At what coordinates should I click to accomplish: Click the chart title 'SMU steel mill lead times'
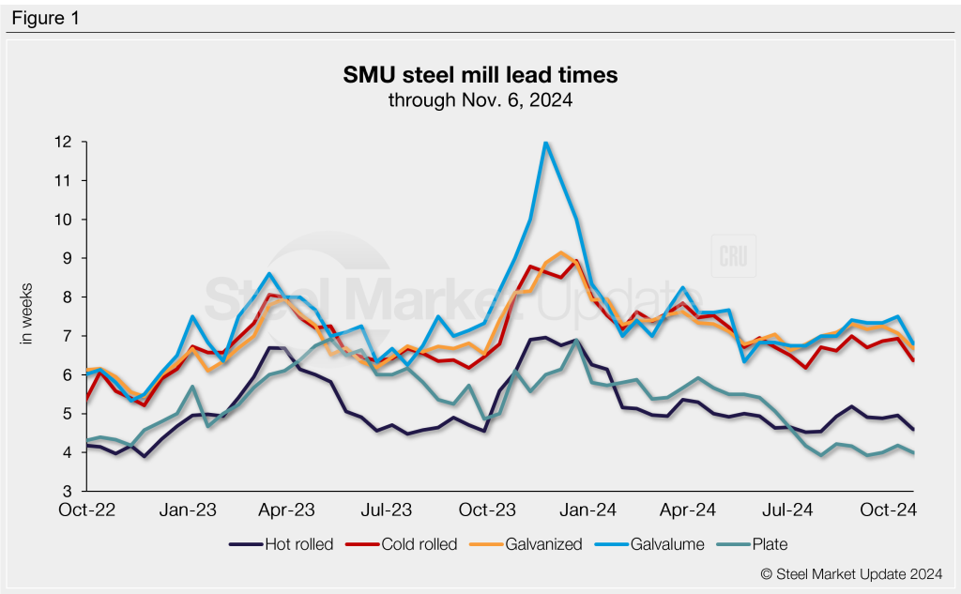pyautogui.click(x=480, y=75)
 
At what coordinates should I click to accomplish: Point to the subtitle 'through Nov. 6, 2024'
pyautogui.click(x=480, y=99)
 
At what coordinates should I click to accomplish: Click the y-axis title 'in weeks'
pyautogui.click(x=27, y=313)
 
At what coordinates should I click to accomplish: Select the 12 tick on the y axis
pyautogui.click(x=63, y=142)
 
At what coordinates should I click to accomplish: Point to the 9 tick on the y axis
pyautogui.click(x=68, y=258)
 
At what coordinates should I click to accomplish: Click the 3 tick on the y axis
pyautogui.click(x=68, y=491)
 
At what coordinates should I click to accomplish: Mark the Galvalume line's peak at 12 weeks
pyautogui.click(x=545, y=143)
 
